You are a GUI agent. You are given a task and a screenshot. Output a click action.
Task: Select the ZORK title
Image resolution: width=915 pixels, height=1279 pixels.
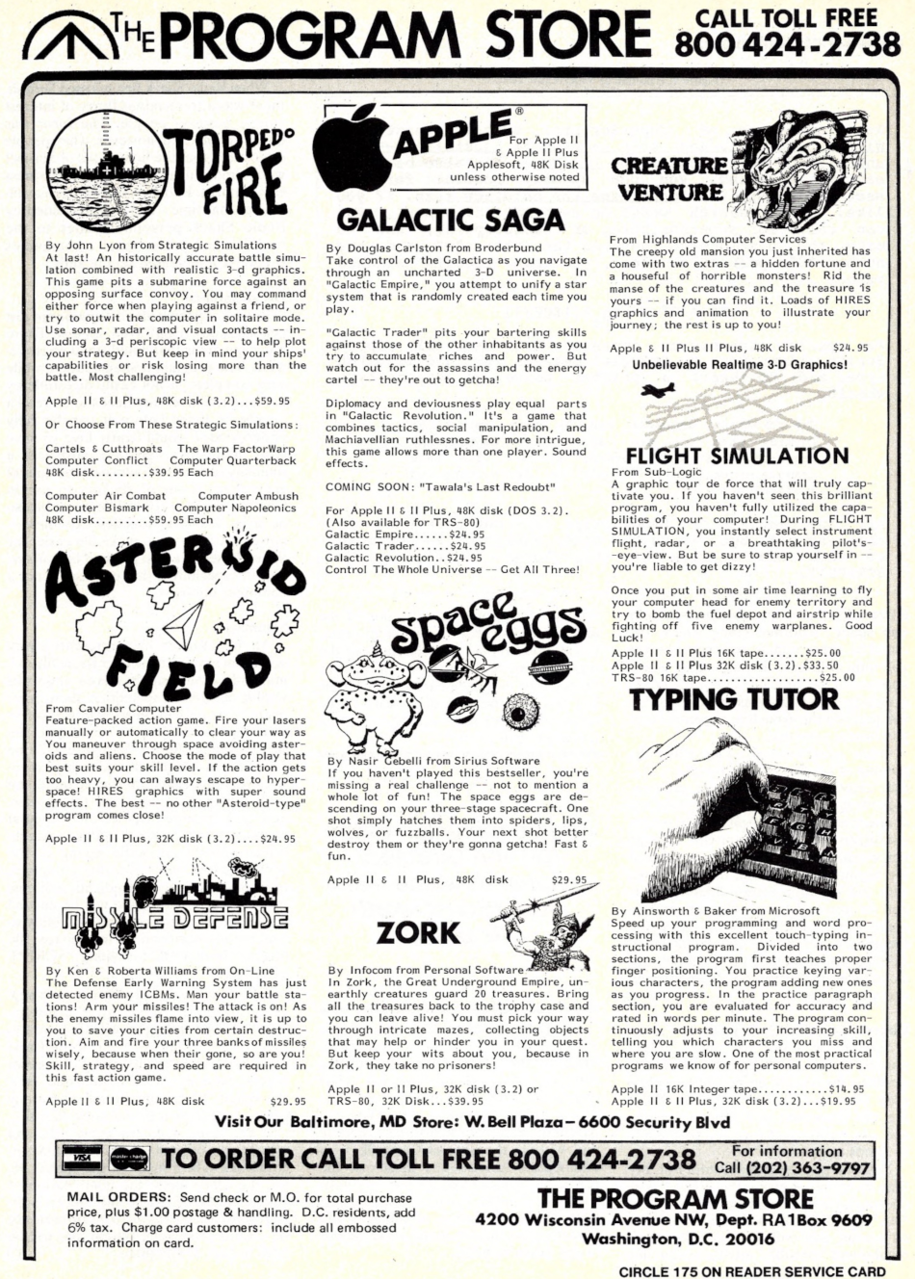coord(418,931)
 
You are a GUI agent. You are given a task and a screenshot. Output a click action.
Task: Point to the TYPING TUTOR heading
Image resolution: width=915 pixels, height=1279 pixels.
coord(734,699)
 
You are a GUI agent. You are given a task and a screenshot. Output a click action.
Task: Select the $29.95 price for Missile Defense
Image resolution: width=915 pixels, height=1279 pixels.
coord(287,1101)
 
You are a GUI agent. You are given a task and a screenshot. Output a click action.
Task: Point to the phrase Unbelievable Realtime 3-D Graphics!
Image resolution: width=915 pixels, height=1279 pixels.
coord(740,365)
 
